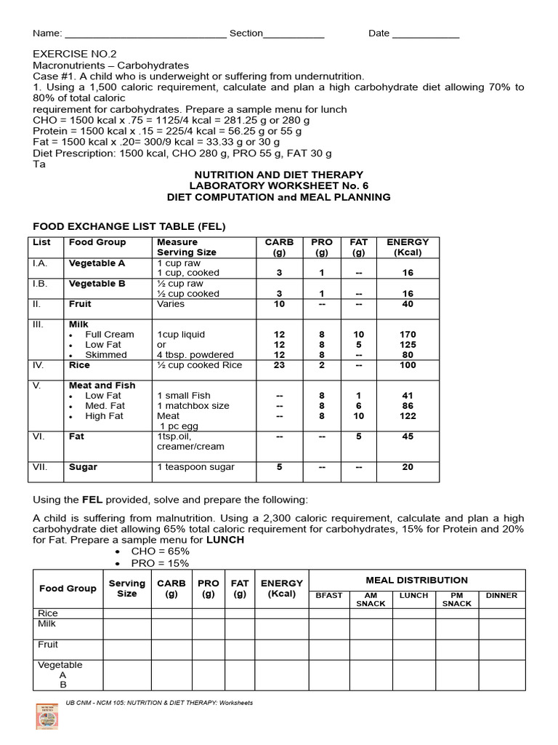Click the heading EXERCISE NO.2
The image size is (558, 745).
pos(74,54)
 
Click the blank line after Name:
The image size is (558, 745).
pos(146,34)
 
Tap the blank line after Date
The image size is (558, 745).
pos(426,34)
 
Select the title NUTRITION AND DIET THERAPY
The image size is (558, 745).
pos(278,175)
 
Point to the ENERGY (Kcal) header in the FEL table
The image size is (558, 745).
pos(408,247)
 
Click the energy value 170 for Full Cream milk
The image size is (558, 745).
pos(408,335)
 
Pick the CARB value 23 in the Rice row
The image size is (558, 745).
pos(279,365)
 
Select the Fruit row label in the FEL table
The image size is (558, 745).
pos(80,304)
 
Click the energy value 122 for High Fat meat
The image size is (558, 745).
pos(408,416)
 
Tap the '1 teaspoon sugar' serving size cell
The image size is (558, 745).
pos(195,467)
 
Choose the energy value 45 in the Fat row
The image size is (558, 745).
pos(408,437)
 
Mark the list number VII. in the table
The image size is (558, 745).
pos(40,467)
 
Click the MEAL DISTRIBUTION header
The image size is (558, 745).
pos(416,580)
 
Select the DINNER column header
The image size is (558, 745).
pos(501,595)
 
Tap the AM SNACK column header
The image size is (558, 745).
pos(371,599)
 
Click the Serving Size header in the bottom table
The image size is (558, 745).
pos(126,588)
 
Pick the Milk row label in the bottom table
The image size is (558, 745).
pos(47,624)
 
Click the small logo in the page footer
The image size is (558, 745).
pos(46,716)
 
